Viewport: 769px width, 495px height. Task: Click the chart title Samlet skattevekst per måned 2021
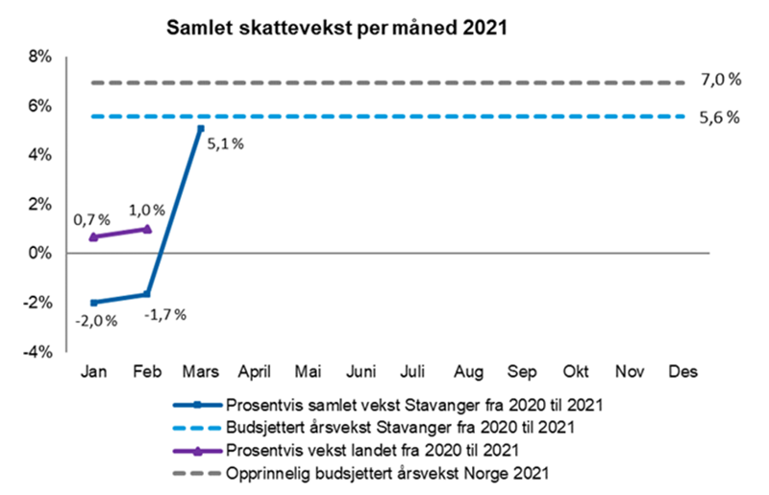(335, 28)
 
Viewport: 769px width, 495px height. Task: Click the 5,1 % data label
(224, 144)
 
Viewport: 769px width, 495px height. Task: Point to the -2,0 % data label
(97, 320)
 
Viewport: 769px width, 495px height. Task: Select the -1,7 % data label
(165, 313)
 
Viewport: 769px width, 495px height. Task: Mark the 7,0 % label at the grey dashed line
(720, 81)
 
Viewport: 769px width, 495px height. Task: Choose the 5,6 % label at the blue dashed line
(720, 117)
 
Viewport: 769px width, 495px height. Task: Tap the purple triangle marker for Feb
(147, 229)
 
